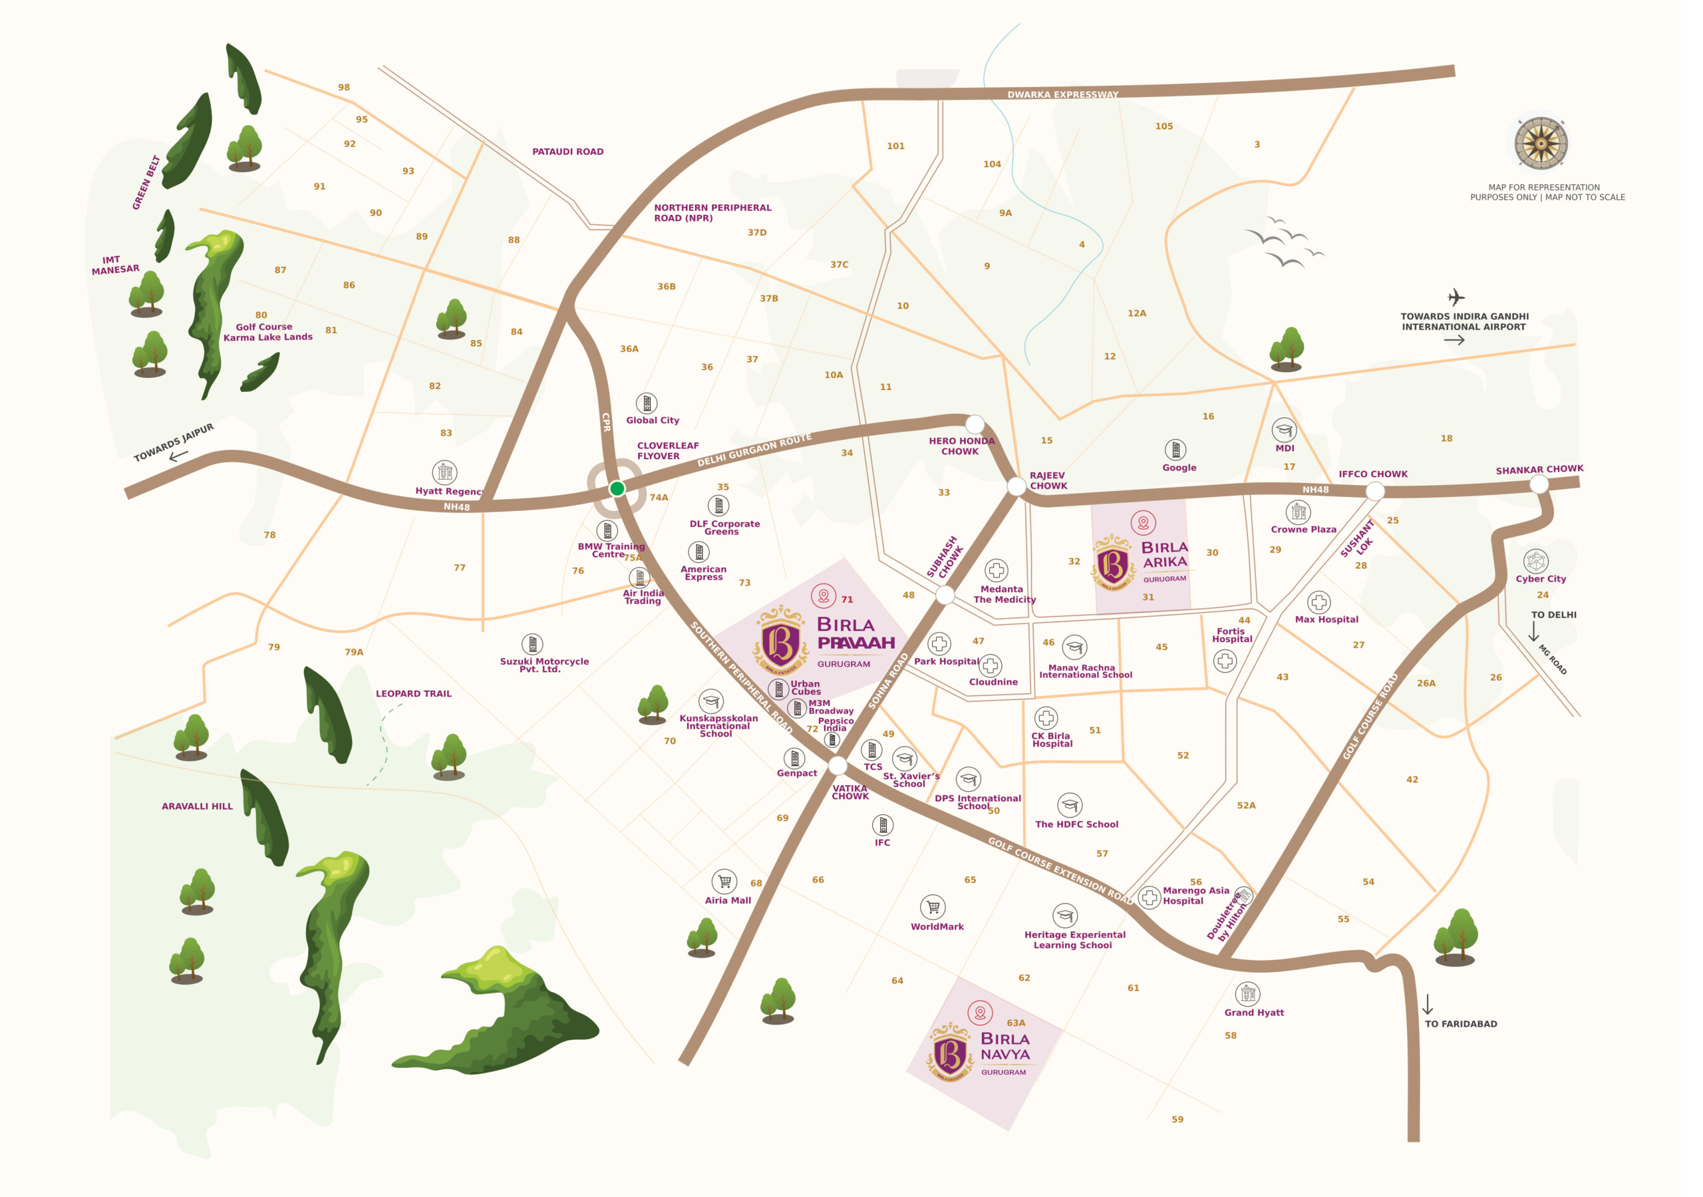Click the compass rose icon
1541,142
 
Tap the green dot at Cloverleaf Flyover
617,488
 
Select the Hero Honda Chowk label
961,446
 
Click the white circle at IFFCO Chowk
1374,490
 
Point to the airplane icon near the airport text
1456,297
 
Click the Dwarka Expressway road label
1062,94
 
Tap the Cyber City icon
1535,561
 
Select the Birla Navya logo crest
949,1053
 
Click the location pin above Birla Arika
1143,522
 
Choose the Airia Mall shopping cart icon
724,881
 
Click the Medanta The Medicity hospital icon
996,570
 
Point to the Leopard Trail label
413,694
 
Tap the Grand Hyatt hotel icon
1247,993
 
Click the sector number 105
1163,126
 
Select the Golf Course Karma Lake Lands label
267,332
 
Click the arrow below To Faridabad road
1427,1005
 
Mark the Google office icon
1175,450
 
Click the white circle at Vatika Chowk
838,765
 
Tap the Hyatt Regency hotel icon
444,472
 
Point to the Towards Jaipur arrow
179,456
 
